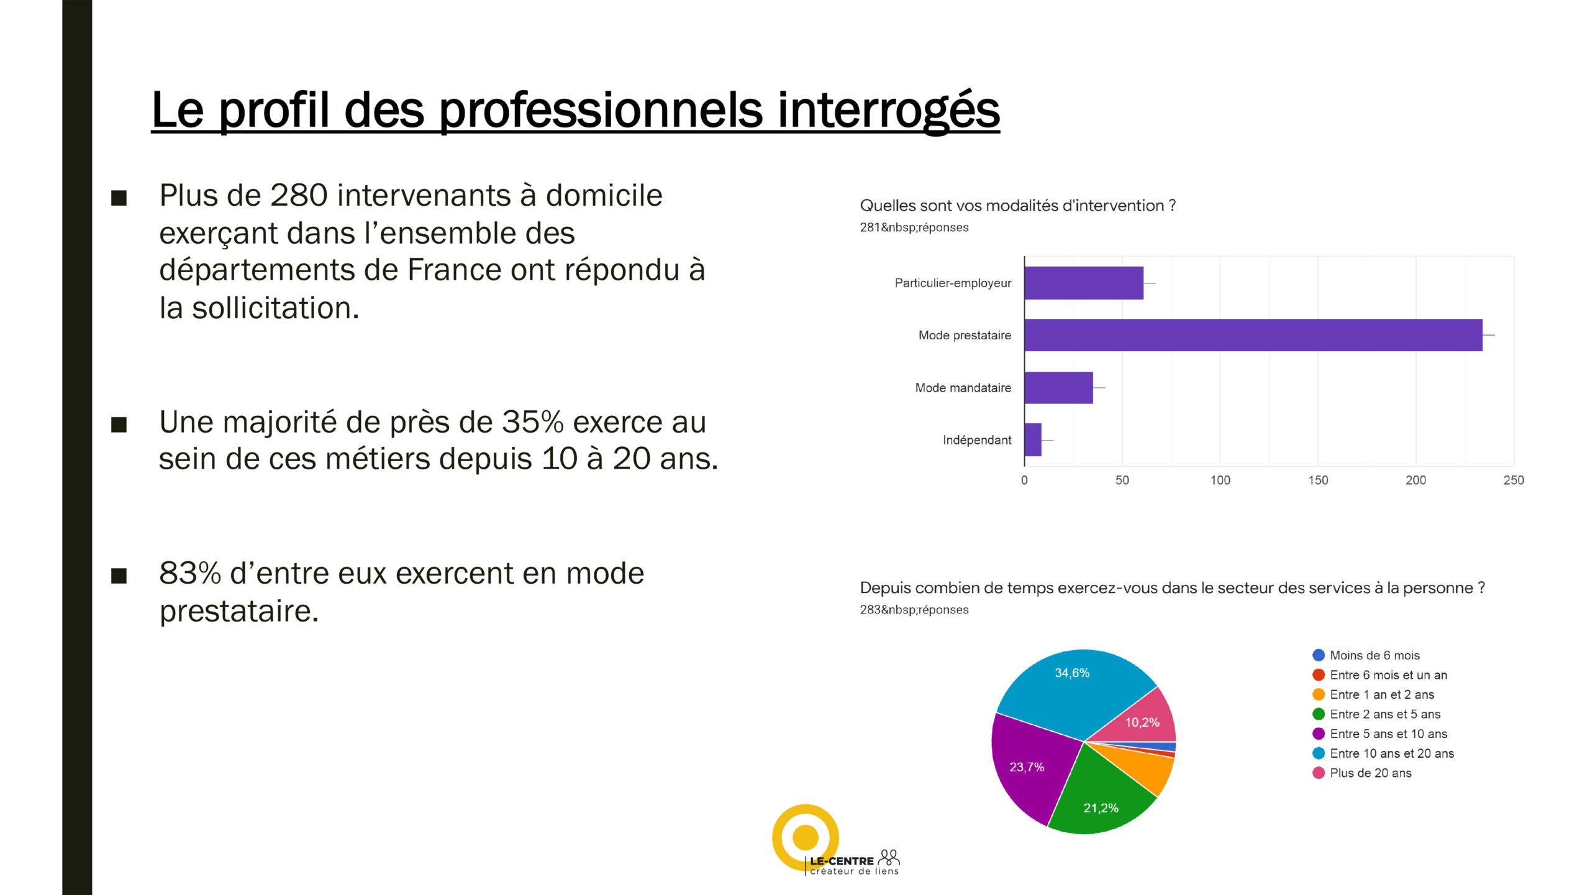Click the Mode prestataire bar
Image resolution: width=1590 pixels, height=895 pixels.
(1253, 335)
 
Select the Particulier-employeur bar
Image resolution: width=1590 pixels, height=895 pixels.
(1084, 283)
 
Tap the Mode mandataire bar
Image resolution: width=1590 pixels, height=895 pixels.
(1059, 388)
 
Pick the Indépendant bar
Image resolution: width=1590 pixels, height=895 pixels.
(1033, 440)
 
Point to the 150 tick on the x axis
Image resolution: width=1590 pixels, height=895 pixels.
(1318, 480)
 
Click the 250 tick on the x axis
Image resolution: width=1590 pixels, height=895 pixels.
(1514, 480)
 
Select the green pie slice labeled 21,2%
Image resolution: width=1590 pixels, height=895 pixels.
(1101, 799)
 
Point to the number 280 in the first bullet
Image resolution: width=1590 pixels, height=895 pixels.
(299, 195)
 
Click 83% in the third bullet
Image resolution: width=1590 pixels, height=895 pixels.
(190, 573)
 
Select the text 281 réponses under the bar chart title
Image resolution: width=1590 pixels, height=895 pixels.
(914, 227)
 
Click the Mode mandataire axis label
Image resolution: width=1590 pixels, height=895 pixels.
(963, 388)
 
